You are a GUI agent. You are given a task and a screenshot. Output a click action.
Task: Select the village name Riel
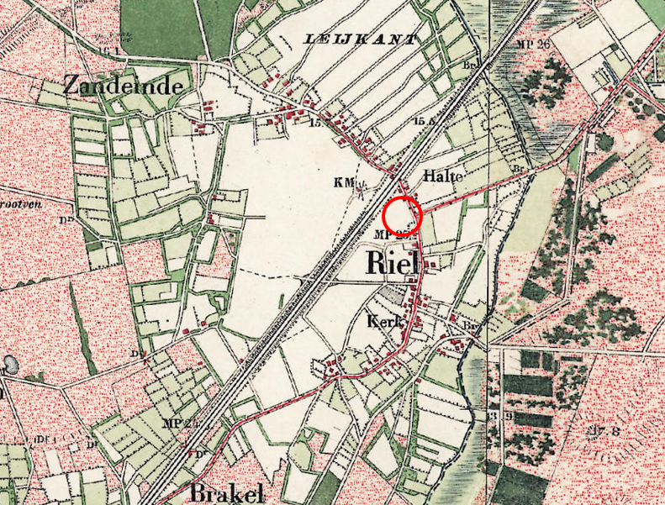click(393, 263)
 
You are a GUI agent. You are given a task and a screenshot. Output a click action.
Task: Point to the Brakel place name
click(222, 492)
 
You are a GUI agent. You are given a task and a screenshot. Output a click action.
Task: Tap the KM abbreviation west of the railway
click(342, 181)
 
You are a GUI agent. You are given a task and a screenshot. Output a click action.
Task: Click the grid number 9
click(509, 416)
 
